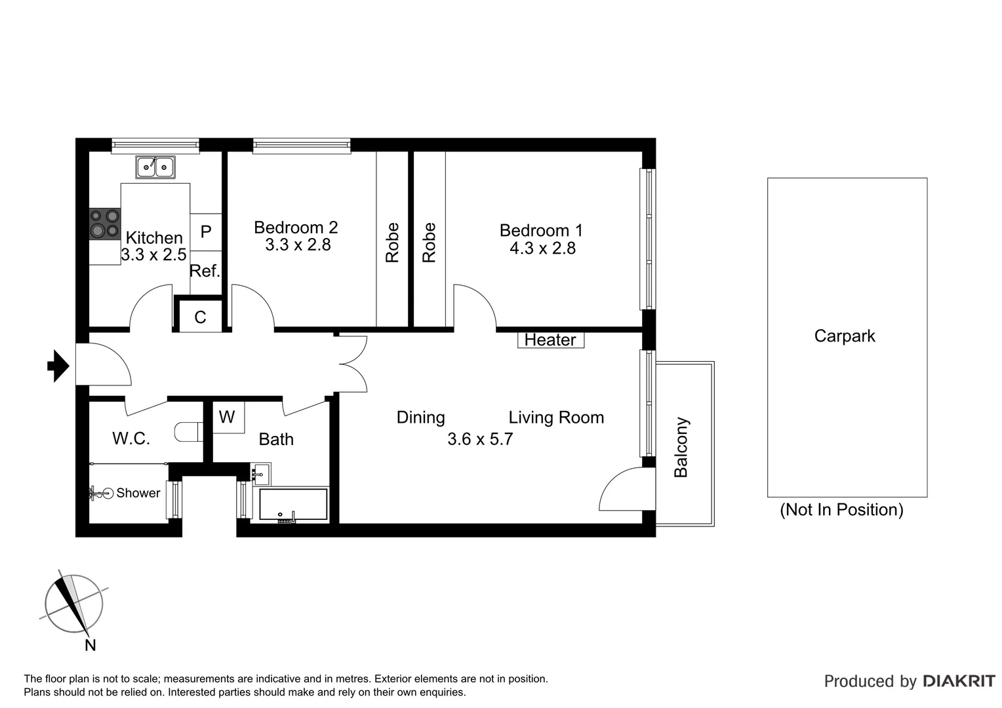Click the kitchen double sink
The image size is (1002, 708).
click(x=155, y=167)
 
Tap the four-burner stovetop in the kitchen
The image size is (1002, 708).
click(x=105, y=223)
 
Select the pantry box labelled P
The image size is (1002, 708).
click(x=206, y=231)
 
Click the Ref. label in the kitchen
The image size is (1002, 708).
click(x=205, y=271)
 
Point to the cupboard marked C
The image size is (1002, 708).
click(x=201, y=317)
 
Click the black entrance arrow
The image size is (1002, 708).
click(x=58, y=366)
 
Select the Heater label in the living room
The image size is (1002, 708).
click(x=550, y=340)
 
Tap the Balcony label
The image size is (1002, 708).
click(x=681, y=447)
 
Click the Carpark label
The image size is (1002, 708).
click(x=845, y=336)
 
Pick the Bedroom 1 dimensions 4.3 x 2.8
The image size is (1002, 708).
click(x=542, y=248)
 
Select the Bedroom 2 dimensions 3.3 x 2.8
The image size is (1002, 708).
click(x=298, y=245)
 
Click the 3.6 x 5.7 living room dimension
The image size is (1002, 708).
click(x=480, y=439)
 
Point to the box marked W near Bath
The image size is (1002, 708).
click(x=227, y=417)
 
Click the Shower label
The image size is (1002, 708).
click(x=138, y=493)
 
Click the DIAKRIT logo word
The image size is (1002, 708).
click(x=959, y=681)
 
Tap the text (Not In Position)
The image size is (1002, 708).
click(x=841, y=509)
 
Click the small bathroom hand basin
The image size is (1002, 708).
click(x=261, y=472)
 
